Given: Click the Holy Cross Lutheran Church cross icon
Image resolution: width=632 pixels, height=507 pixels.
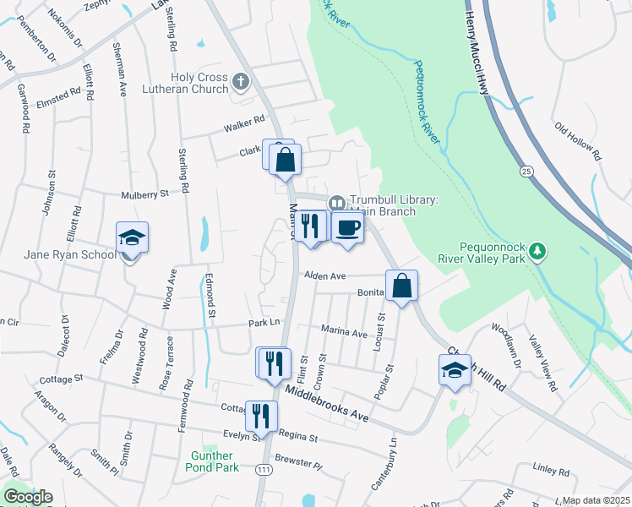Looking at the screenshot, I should [241, 82].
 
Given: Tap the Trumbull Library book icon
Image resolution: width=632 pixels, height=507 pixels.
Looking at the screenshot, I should [336, 203].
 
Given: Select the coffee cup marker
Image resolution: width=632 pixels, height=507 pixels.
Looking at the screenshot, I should [347, 227].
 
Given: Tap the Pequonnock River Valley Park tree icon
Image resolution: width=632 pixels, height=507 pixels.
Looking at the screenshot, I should [537, 250].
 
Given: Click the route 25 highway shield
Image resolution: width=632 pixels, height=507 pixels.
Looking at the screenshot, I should [527, 172].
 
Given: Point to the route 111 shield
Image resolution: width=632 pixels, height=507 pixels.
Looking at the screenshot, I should [264, 469].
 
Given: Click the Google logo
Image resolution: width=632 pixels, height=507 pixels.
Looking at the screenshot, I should [28, 497].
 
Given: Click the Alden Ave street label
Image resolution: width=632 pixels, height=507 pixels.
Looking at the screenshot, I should [326, 276].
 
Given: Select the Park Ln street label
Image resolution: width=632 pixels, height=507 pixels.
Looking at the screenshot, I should [264, 323].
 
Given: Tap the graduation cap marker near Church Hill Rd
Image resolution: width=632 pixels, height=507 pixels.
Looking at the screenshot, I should [455, 370].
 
